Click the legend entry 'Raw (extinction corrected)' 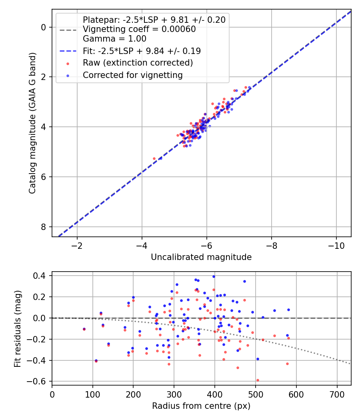pyautogui.click(x=138, y=63)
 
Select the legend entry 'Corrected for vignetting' pyautogui.click(x=132, y=75)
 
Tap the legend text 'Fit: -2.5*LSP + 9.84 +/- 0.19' pyautogui.click(x=142, y=51)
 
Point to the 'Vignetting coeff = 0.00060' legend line pyautogui.click(x=139, y=29)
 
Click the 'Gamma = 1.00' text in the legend pyautogui.click(x=114, y=39)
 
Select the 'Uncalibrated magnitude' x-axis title pyautogui.click(x=201, y=257)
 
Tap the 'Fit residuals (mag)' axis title pyautogui.click(x=17, y=329)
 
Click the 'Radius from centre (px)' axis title pyautogui.click(x=201, y=406)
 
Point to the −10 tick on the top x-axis pyautogui.click(x=336, y=244)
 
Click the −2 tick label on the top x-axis pyautogui.click(x=77, y=244)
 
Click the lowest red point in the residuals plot pyautogui.click(x=258, y=380)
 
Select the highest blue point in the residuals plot pyautogui.click(x=214, y=276)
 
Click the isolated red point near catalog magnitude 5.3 pyautogui.click(x=154, y=158)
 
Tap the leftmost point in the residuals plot pyautogui.click(x=84, y=329)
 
